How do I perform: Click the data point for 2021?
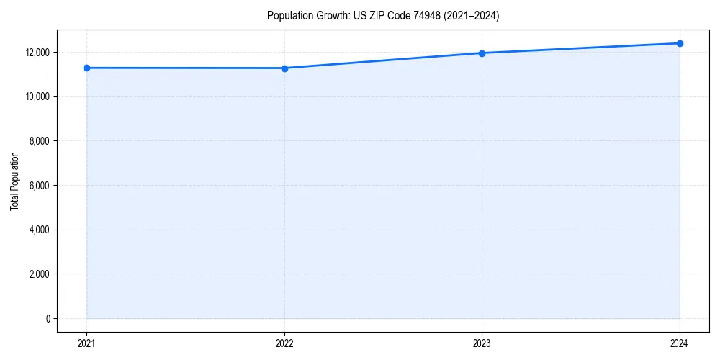(86, 68)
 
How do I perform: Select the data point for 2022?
(284, 68)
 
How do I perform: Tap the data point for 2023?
(482, 53)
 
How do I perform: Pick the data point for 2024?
(680, 43)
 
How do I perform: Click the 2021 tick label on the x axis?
(86, 343)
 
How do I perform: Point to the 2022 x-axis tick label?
(284, 343)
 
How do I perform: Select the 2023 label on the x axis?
(482, 343)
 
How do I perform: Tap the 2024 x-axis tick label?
(680, 343)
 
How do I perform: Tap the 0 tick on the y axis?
(48, 319)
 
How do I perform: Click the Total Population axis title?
(14, 181)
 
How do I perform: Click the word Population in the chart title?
(290, 16)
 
